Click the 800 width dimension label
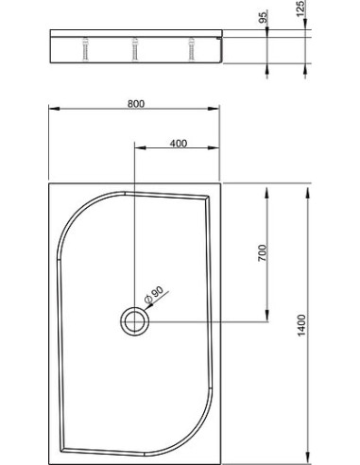[x=136, y=104]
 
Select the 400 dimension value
[x=179, y=144]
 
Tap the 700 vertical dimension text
[x=262, y=252]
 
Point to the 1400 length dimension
[x=301, y=325]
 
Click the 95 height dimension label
[x=263, y=16]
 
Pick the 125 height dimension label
[x=301, y=9]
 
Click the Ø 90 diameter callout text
[x=154, y=294]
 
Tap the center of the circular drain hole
[x=135, y=321]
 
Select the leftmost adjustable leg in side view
[x=86, y=49]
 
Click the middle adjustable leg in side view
[x=135, y=49]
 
